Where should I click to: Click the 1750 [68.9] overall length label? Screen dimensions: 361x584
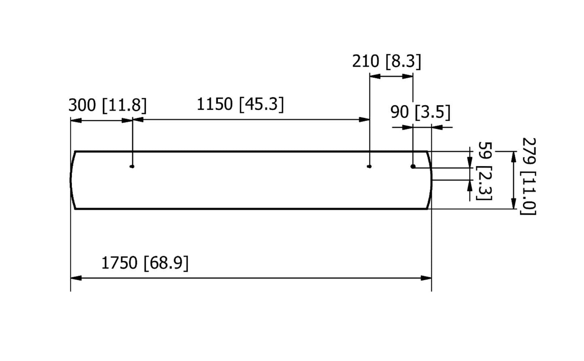(x=145, y=263)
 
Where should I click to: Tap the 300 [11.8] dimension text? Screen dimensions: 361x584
(x=108, y=105)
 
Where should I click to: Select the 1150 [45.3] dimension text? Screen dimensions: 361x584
(x=240, y=104)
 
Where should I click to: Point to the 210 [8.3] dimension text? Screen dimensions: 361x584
(x=386, y=61)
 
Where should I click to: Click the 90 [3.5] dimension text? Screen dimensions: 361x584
(x=420, y=112)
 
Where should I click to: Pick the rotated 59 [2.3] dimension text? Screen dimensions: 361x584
(x=485, y=171)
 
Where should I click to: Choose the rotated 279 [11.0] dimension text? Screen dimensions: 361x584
(x=529, y=176)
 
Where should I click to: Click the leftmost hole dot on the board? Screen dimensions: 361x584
(x=132, y=167)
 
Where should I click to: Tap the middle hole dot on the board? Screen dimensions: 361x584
(x=369, y=166)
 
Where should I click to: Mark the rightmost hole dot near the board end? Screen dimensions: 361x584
(x=413, y=166)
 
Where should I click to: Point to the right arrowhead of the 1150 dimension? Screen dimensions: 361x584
(x=365, y=120)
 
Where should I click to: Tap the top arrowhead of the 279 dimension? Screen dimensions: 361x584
(x=514, y=156)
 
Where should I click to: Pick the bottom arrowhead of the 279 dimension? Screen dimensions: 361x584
(x=514, y=204)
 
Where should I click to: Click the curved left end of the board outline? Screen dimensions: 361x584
(x=72, y=180)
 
